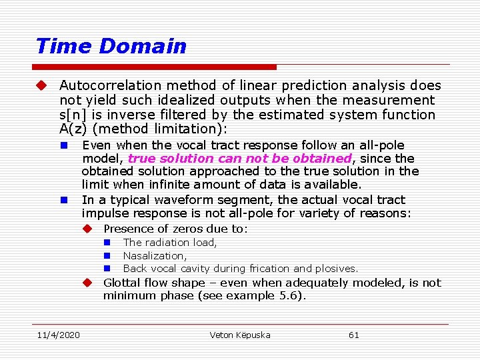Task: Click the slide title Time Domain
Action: (x=111, y=46)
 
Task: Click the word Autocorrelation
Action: (x=101, y=85)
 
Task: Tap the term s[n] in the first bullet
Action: (x=74, y=115)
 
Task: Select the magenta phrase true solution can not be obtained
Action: (x=239, y=159)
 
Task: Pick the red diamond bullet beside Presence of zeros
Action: (x=87, y=229)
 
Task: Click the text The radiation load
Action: (x=170, y=243)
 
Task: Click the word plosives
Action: (x=337, y=269)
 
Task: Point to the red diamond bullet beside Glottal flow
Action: (x=87, y=283)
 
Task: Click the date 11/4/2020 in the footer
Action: (x=58, y=335)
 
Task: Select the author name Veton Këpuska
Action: (x=240, y=335)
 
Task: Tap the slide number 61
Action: (x=353, y=335)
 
